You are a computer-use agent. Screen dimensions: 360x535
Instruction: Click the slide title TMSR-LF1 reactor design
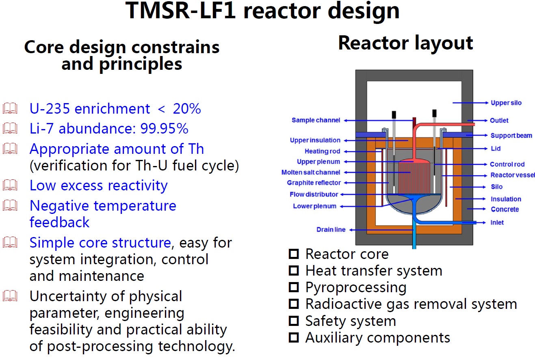click(x=263, y=11)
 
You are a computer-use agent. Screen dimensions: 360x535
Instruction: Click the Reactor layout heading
click(x=405, y=43)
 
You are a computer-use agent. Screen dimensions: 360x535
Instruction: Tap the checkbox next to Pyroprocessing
click(x=294, y=287)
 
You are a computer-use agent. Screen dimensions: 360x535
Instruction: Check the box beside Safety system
click(x=294, y=321)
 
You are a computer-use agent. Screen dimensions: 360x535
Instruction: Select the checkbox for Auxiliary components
click(x=294, y=338)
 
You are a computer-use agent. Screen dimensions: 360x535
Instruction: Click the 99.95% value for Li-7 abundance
click(x=164, y=129)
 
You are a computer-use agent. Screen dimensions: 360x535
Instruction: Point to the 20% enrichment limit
click(x=187, y=109)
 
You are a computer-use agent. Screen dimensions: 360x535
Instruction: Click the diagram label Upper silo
click(x=506, y=103)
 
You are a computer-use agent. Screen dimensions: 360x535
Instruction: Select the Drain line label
click(x=331, y=230)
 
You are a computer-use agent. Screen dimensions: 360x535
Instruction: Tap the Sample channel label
click(x=316, y=120)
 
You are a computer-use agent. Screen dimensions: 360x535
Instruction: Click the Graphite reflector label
click(x=314, y=183)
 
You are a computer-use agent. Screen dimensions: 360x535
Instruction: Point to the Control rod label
click(x=507, y=164)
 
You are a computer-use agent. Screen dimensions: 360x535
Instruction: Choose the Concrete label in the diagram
click(x=505, y=209)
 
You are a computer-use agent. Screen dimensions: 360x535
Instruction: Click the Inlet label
click(x=497, y=223)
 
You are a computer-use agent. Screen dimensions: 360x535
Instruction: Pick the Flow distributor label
click(x=314, y=194)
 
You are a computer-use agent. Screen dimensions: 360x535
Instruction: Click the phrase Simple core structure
click(x=100, y=243)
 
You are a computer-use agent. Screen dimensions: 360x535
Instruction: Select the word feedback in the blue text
click(x=59, y=222)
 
